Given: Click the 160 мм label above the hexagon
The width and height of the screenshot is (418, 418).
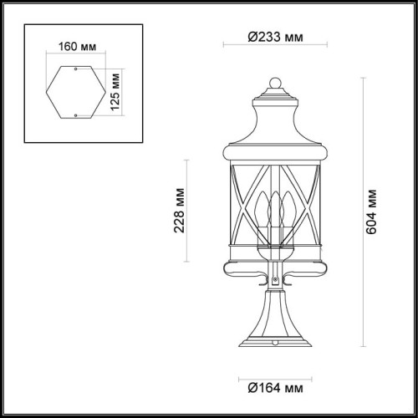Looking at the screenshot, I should (76, 47).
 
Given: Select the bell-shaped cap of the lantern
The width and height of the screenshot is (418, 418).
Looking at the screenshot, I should (274, 117).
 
